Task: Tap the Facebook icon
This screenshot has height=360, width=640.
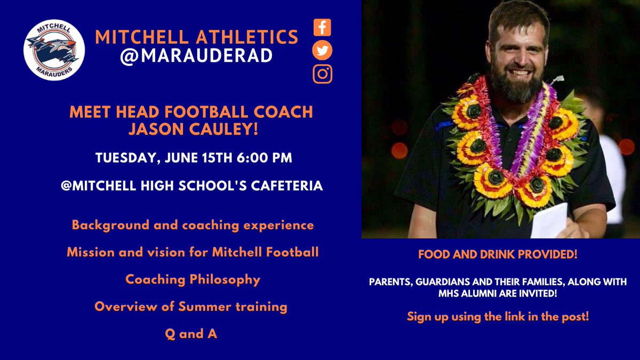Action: (322, 27)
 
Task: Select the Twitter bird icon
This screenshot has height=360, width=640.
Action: (322, 50)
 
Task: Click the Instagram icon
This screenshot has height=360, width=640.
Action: (322, 74)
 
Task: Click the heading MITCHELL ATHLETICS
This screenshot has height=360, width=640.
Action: (196, 37)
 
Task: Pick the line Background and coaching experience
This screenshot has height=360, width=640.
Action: (193, 225)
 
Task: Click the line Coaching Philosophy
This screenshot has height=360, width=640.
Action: (193, 279)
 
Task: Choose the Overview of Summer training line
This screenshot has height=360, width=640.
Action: (191, 307)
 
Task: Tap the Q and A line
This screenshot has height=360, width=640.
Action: (191, 334)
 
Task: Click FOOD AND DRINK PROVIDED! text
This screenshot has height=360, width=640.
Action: (497, 254)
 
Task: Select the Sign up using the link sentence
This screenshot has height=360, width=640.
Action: (498, 316)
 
